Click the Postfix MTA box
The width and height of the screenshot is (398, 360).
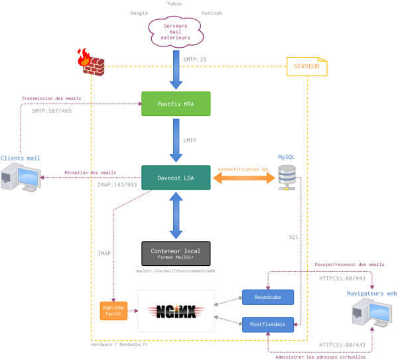(x=176, y=104)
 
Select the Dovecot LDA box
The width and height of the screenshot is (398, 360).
(x=176, y=177)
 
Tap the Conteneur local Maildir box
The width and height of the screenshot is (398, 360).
(x=176, y=253)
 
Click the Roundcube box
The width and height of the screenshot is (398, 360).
(x=267, y=298)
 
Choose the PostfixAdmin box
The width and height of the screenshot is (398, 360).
(x=267, y=324)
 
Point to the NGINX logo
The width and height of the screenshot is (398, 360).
(x=176, y=310)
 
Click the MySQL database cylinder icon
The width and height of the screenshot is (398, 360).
(x=287, y=176)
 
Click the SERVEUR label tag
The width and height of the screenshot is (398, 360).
(x=306, y=66)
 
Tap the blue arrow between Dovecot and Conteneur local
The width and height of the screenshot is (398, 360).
(x=176, y=215)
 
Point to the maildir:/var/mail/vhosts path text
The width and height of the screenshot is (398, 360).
(x=176, y=271)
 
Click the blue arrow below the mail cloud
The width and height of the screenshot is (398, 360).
(x=176, y=68)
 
